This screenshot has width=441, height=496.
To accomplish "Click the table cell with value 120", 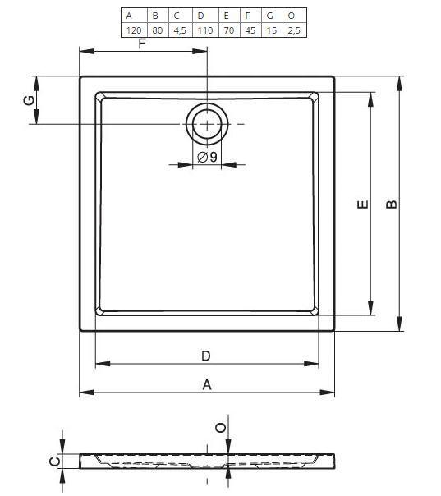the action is tap(134, 30).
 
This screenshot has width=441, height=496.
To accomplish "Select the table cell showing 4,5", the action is tap(181, 30).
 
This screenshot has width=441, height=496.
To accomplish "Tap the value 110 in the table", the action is tap(205, 30).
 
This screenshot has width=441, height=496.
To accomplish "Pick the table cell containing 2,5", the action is tap(294, 30).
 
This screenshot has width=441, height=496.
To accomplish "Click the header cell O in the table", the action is tap(292, 16).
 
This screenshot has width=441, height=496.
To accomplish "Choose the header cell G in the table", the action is tap(270, 16).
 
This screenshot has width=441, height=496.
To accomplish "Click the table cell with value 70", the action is tap(229, 30).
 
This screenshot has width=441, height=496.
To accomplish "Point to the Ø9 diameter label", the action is tap(207, 157).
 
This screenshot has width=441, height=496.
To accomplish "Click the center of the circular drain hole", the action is tap(207, 124).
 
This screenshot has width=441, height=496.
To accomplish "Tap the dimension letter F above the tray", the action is tap(142, 44).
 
